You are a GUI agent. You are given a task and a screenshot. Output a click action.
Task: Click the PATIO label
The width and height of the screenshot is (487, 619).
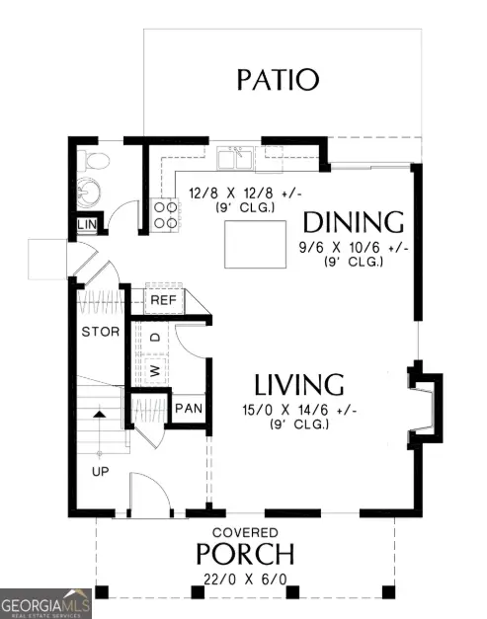coord(278,79)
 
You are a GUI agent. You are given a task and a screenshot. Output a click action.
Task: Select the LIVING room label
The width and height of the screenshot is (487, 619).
coord(298,385)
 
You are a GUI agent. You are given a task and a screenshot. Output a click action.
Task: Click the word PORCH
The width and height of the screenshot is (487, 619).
coord(245,553)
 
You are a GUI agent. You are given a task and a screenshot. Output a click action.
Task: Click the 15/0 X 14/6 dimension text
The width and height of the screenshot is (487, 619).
coord(298,410)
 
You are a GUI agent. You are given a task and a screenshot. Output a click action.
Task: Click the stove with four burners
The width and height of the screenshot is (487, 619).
coord(165,216)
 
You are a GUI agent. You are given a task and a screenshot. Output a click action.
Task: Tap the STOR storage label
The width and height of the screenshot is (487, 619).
coord(100,331)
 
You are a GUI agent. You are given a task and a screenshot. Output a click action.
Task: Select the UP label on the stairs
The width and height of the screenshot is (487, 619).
coord(100,472)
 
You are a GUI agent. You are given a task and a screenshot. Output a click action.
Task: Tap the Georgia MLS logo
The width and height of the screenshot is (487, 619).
coord(46,602)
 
